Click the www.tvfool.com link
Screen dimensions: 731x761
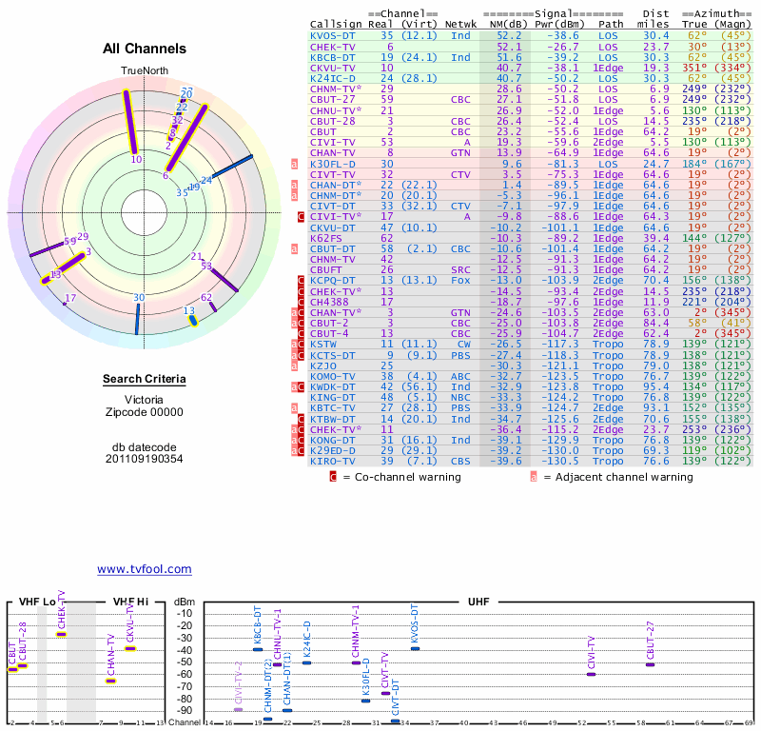coord(144,569)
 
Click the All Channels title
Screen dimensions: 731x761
coord(145,49)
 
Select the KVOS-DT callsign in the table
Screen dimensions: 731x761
coord(332,35)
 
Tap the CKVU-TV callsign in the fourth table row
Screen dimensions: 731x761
coord(332,69)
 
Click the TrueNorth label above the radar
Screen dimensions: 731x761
coord(144,71)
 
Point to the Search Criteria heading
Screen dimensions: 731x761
coord(145,380)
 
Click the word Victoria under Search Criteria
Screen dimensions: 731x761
coord(145,399)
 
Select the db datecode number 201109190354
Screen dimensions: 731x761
coord(145,459)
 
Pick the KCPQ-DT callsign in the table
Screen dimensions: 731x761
coord(332,281)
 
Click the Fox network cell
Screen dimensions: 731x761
coord(460,281)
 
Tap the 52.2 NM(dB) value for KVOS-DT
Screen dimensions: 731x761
coord(509,35)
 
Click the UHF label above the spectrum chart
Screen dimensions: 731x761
coord(478,603)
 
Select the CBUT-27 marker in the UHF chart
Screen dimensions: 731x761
coord(650,664)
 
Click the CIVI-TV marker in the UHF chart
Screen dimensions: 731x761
coord(591,674)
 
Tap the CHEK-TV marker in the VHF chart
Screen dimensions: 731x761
coord(61,634)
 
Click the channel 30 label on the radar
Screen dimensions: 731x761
coord(139,298)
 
